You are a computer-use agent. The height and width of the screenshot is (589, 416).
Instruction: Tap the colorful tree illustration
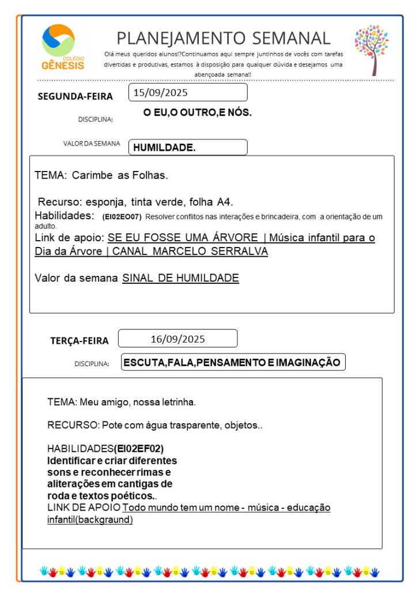(372, 50)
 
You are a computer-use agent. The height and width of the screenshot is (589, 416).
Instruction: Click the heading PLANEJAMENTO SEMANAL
(224, 38)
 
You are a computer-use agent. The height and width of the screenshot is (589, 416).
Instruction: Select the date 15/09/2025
(161, 92)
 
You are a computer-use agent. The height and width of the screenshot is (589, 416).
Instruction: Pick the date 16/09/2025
(177, 339)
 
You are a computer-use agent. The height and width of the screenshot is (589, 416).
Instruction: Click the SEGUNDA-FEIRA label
(75, 96)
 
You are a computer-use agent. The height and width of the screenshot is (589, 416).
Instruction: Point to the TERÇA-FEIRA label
(79, 341)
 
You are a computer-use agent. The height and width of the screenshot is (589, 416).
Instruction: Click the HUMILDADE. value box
(188, 147)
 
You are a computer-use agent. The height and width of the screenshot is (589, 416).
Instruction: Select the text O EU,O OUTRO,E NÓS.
(198, 113)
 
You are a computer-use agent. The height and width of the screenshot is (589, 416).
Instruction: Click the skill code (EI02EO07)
(122, 217)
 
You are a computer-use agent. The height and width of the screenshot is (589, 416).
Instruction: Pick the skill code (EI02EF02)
(143, 449)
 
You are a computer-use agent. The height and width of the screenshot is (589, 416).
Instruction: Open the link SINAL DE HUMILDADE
(180, 278)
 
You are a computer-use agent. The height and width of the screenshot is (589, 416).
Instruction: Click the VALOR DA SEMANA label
(92, 144)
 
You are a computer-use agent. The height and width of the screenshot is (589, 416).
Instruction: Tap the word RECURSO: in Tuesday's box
(73, 425)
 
